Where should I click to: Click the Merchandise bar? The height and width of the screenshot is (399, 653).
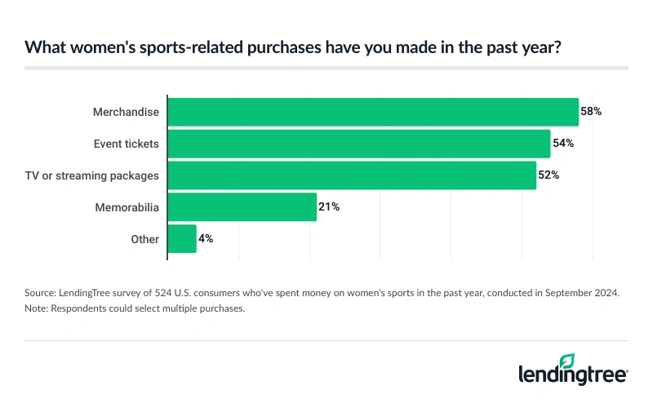click(x=373, y=112)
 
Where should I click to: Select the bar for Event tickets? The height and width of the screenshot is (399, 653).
click(x=359, y=144)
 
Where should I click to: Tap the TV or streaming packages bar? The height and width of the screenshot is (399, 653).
click(x=352, y=175)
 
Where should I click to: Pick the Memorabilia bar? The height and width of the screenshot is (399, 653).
click(x=242, y=207)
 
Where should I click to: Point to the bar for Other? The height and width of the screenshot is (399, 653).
click(x=182, y=239)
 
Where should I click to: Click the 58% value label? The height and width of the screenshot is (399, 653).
click(x=591, y=112)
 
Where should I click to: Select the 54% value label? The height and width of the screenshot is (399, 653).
click(x=563, y=144)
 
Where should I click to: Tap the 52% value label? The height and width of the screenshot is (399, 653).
click(x=549, y=175)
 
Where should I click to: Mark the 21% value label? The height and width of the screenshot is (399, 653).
click(x=329, y=207)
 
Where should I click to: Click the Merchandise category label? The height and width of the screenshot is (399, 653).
click(x=126, y=112)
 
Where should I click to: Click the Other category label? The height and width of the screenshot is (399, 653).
click(x=144, y=239)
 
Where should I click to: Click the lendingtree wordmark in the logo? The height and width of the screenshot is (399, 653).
click(x=571, y=375)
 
